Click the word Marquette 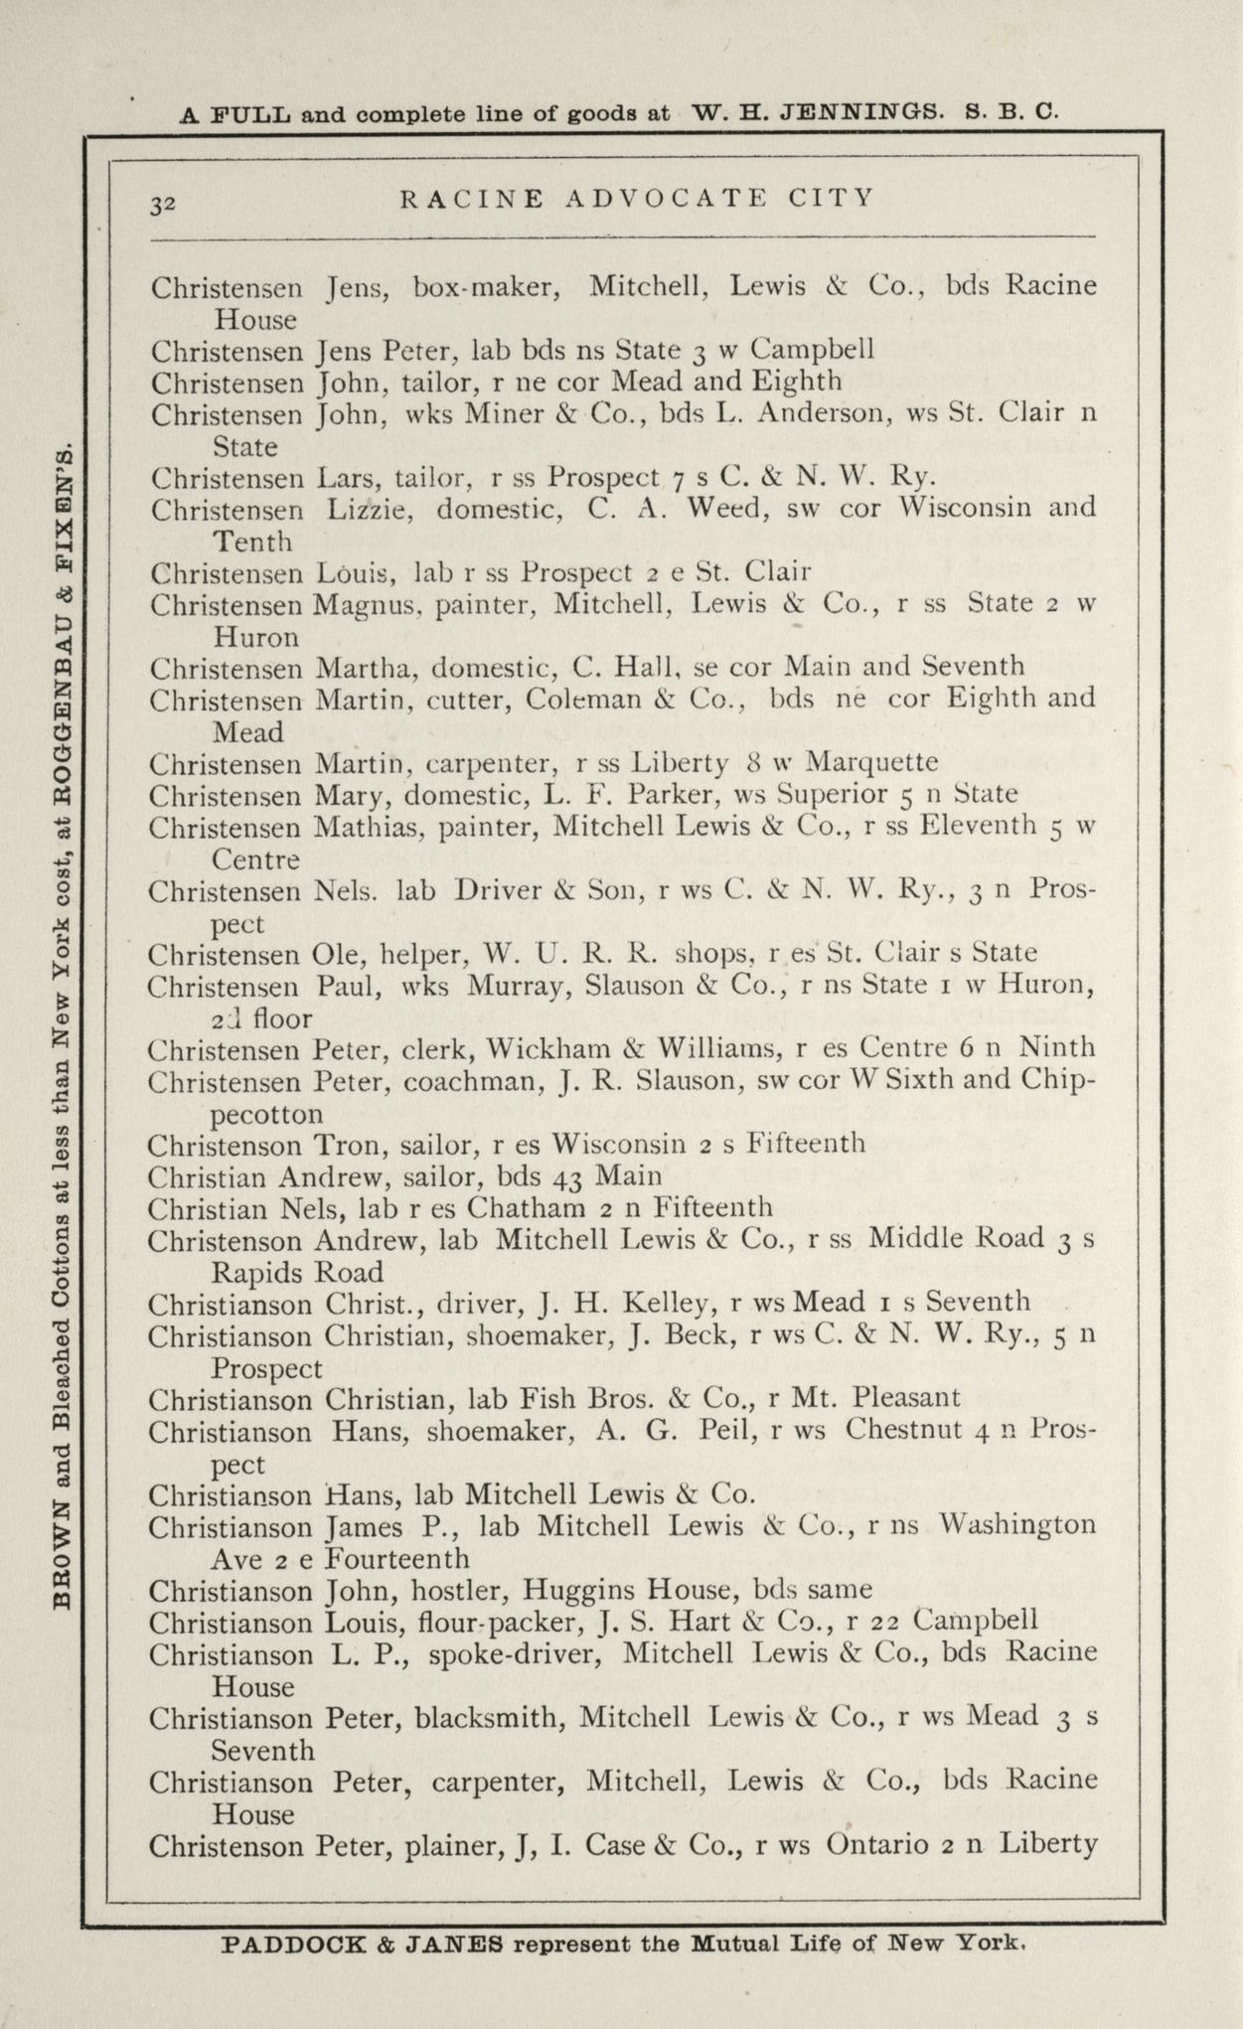(x=871, y=763)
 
